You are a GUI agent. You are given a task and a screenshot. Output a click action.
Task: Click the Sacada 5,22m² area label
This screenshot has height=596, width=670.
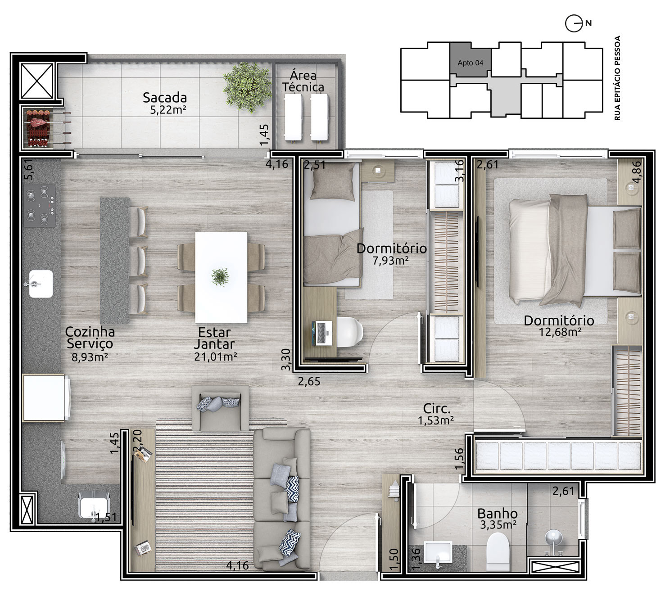[165, 103]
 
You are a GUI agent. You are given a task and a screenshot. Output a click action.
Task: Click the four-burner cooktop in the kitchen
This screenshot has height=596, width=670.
[39, 206]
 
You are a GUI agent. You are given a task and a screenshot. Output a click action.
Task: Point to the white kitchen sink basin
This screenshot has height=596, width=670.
[41, 284]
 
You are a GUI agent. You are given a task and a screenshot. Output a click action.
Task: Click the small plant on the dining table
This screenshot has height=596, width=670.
[220, 277]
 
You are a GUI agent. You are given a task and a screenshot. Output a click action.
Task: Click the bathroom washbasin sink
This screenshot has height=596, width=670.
[438, 552]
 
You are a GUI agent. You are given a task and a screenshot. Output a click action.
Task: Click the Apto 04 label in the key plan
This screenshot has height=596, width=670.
[470, 63]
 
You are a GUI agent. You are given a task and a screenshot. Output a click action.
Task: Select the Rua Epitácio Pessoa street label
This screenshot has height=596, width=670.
[617, 78]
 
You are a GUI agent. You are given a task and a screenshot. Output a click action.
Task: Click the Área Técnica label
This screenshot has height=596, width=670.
[303, 81]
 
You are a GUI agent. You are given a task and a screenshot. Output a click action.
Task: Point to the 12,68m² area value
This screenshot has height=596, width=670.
[560, 332]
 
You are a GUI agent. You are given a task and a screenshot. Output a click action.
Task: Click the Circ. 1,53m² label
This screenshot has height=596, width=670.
[436, 414]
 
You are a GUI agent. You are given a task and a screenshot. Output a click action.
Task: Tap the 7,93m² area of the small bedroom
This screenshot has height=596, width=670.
[390, 261]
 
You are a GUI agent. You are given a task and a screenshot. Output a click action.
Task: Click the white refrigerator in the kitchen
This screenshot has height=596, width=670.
[45, 397]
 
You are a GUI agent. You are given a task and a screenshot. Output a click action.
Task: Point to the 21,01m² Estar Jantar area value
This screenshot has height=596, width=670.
[215, 357]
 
